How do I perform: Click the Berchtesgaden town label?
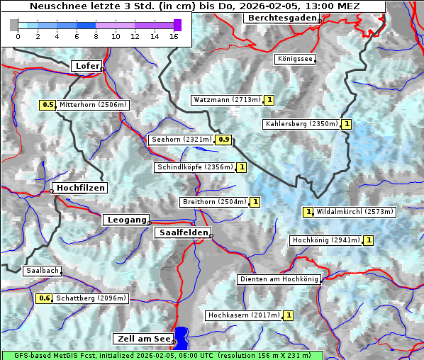281,18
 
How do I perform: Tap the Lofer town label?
87,66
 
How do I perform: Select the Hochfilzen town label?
80,188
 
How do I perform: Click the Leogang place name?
127,220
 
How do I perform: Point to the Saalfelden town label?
182,232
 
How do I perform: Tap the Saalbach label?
42,271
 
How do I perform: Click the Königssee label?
295,59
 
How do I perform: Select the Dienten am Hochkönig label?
279,279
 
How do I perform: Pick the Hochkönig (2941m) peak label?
326,240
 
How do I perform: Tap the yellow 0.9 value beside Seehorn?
224,140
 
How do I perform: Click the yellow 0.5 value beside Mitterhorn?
48,105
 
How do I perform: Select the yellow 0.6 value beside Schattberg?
45,298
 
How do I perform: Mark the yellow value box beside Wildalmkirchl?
308,211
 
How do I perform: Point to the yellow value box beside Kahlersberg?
346,124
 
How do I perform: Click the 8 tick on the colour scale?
96,35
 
